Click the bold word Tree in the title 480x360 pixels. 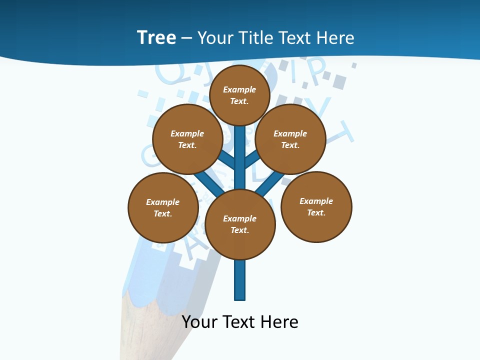[156, 37]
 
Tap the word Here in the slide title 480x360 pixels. [335, 37]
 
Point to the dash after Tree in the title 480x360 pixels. [186, 38]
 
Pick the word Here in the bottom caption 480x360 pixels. [279, 321]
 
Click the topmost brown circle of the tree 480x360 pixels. [239, 95]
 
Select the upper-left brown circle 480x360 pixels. [187, 139]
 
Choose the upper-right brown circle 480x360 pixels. [290, 139]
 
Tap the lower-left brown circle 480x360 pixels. [163, 207]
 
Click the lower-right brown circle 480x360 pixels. [316, 207]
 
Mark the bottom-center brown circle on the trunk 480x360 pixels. [240, 224]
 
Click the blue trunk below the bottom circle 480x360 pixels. [240, 280]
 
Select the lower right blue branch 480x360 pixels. [269, 184]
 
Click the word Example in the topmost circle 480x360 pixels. [239, 89]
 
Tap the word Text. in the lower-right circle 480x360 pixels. [316, 212]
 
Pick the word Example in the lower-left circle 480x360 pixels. [162, 202]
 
